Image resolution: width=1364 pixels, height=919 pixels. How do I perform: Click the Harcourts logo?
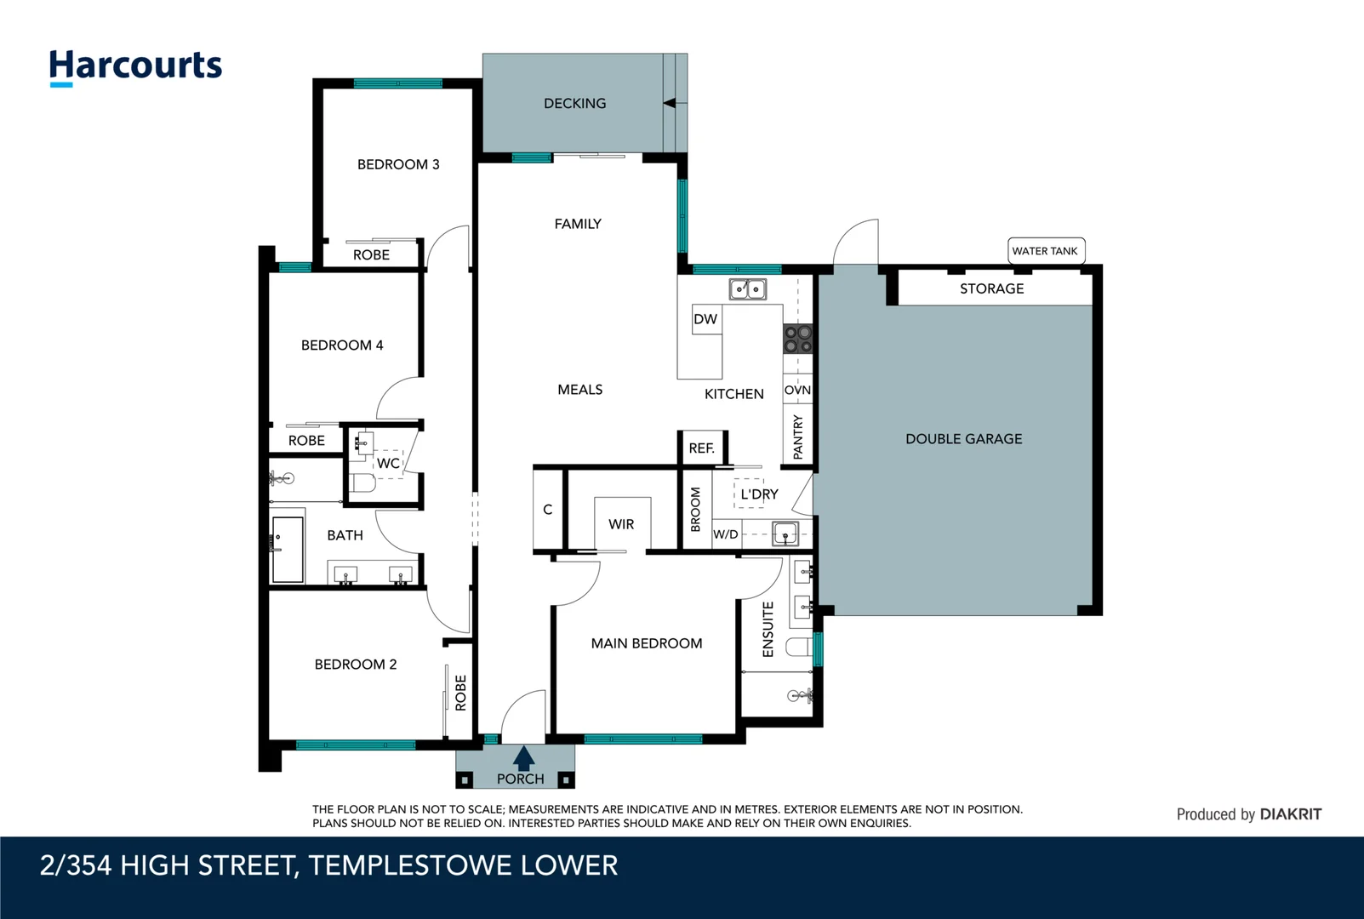(x=135, y=66)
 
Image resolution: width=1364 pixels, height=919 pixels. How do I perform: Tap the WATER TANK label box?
(x=1045, y=251)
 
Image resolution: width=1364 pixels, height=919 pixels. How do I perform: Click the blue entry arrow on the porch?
(x=523, y=758)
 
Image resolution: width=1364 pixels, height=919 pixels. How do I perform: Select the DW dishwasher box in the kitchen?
(x=705, y=319)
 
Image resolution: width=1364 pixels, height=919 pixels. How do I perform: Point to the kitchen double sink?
(x=747, y=289)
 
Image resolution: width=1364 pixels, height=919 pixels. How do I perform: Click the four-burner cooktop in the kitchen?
(x=797, y=339)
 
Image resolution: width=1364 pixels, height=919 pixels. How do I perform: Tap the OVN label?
(x=797, y=390)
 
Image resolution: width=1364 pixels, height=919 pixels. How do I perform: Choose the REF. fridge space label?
(x=701, y=448)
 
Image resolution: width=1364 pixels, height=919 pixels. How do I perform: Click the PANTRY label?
(x=797, y=437)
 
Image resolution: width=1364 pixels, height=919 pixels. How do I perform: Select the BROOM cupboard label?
(x=695, y=509)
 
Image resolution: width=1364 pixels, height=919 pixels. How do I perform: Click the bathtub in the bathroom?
(x=288, y=549)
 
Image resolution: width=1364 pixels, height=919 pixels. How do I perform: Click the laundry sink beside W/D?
(x=785, y=534)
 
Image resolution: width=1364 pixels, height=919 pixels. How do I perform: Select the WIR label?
(x=621, y=524)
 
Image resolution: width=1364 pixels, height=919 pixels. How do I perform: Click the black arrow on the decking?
(x=670, y=103)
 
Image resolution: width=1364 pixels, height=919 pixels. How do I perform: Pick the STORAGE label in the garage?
(x=991, y=288)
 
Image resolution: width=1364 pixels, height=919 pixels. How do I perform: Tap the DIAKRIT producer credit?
(x=1290, y=814)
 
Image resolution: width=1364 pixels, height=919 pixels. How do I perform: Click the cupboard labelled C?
(x=547, y=510)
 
